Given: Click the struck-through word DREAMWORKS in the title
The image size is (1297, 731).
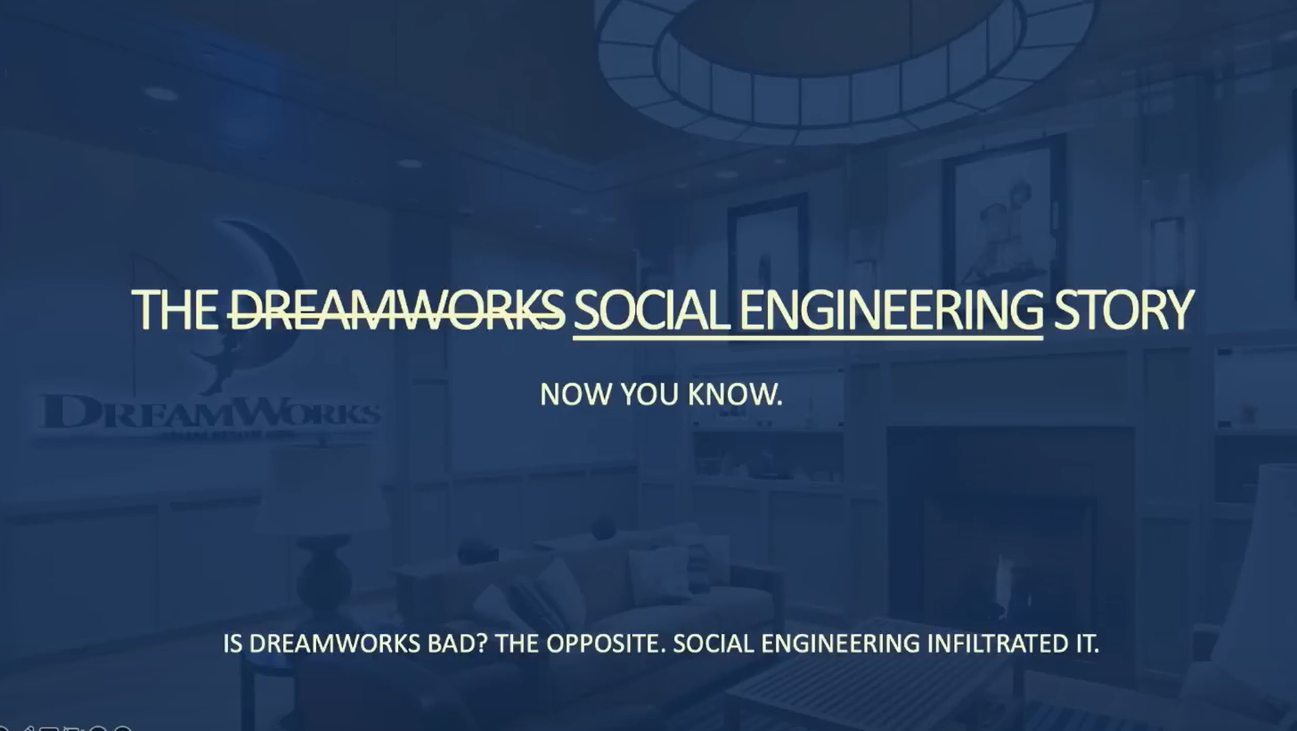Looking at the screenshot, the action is click(x=396, y=310).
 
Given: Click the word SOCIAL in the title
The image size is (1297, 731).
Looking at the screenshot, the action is click(x=651, y=310).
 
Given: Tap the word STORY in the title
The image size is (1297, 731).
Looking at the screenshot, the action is click(x=1124, y=310).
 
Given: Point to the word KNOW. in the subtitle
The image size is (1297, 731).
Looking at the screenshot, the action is click(x=736, y=394).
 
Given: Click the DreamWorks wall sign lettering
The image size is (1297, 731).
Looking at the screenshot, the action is click(x=211, y=412).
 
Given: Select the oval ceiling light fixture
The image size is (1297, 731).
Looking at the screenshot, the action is click(x=845, y=69).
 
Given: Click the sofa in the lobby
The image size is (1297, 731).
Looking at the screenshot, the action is click(x=584, y=602).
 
